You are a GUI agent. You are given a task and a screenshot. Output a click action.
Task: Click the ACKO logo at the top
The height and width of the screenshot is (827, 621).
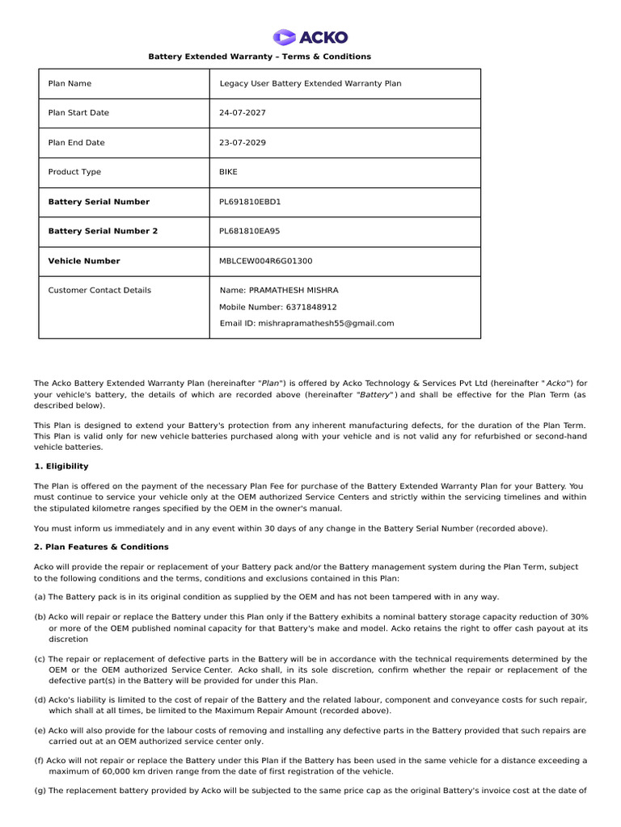[310, 37]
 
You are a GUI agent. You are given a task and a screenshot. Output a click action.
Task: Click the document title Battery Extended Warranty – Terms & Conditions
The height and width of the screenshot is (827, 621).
[259, 57]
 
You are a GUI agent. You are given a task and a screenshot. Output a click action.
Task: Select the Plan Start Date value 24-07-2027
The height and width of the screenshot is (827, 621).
[243, 113]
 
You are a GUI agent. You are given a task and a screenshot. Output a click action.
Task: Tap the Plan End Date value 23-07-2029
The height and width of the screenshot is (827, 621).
[243, 143]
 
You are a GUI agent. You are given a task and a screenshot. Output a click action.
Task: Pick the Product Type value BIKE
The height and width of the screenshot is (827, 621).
[229, 172]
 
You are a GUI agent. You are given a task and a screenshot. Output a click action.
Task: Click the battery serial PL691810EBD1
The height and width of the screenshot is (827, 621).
[250, 202]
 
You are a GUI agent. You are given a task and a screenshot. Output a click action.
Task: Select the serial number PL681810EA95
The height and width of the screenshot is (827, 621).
[250, 231]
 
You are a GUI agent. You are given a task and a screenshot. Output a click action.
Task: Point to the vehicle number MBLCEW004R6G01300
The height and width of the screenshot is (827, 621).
[265, 261]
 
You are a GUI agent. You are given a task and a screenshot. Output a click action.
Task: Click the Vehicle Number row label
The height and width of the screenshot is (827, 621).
[84, 261]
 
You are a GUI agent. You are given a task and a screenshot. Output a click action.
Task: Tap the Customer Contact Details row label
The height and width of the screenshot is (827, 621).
[99, 290]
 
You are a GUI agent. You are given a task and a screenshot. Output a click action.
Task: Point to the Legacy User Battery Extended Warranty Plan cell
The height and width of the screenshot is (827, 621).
[310, 83]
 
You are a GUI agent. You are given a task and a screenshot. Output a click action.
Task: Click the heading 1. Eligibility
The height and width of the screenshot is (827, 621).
[61, 466]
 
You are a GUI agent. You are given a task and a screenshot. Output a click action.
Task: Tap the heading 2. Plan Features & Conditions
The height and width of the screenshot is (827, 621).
[101, 547]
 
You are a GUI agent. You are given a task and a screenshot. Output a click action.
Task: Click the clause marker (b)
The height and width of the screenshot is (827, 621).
[40, 616]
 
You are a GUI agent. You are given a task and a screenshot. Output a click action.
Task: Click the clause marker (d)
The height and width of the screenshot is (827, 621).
[40, 699]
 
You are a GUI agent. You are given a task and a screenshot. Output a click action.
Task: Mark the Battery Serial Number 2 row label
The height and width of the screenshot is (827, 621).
[103, 231]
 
